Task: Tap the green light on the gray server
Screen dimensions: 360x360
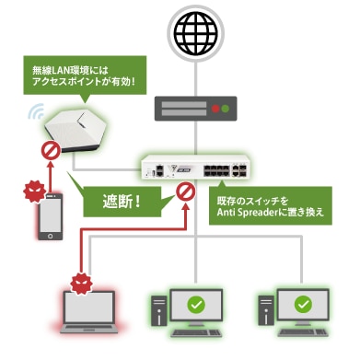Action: coord(225,108)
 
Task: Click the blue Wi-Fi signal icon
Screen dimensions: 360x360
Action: coord(34,112)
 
